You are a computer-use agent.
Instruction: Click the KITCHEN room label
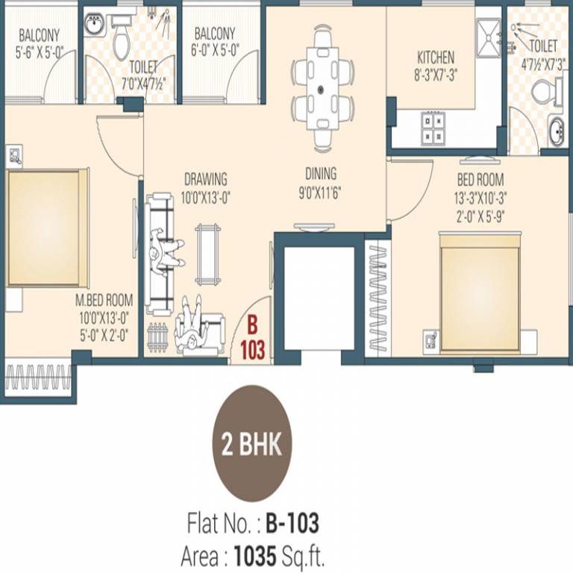[x=436, y=57]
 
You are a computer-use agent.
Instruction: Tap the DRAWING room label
[x=205, y=179]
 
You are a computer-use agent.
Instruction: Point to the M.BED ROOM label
[x=104, y=300]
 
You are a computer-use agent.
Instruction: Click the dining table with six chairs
[x=322, y=88]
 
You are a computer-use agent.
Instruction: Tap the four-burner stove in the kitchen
[x=433, y=127]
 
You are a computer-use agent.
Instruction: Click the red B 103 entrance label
[x=252, y=338]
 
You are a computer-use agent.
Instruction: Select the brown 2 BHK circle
[x=252, y=446]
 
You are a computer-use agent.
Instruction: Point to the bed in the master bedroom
[x=45, y=228]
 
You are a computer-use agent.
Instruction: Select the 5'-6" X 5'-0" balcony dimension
[x=39, y=53]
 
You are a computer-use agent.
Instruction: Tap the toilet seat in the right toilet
[x=544, y=93]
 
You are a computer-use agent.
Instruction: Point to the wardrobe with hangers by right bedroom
[x=378, y=296]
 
